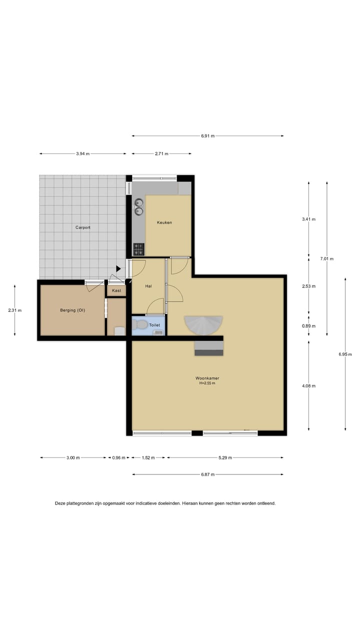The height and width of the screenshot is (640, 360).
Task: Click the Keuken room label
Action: tap(164, 222)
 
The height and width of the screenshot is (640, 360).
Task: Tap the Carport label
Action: tap(83, 227)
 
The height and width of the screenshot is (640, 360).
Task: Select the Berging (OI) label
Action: tap(72, 310)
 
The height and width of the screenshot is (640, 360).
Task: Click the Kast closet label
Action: tap(116, 290)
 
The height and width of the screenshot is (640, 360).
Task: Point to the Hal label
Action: tap(148, 286)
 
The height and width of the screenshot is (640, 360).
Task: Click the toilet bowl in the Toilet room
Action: tap(142, 325)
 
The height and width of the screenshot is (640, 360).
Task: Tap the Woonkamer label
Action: tap(207, 378)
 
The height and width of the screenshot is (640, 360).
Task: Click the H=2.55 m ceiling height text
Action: tap(207, 383)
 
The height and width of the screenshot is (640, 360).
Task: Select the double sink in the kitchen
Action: tap(138, 206)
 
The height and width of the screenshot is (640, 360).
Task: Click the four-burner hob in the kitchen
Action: tap(138, 248)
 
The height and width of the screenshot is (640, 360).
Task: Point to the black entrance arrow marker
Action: tap(118, 269)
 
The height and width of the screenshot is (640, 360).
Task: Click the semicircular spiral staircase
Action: tap(203, 325)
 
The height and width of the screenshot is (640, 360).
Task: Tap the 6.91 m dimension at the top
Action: tap(207, 135)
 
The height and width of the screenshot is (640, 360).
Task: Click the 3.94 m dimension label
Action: tap(83, 154)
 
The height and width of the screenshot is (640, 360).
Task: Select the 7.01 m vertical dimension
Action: tap(327, 258)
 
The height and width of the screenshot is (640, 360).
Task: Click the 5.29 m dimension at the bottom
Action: tap(224, 457)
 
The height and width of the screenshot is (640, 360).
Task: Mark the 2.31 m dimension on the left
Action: tap(15, 310)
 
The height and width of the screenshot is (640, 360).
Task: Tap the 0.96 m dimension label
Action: tap(118, 457)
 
